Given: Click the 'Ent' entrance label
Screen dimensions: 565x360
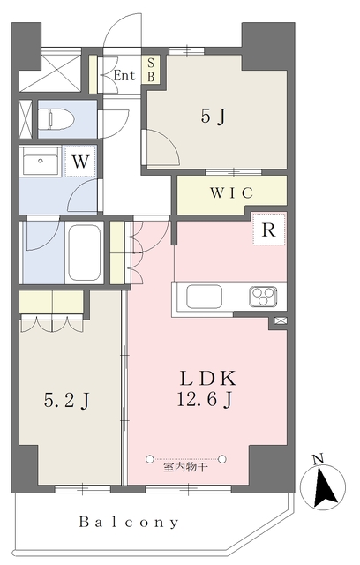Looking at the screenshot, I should coord(124,76).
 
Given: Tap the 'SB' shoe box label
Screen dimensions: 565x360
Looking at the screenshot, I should coord(151,70).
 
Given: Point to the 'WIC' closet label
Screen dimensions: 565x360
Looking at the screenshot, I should coord(231,192).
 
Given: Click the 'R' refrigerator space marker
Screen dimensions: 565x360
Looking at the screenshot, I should coord(267,228).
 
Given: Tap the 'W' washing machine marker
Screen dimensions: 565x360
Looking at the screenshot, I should coord(79,162).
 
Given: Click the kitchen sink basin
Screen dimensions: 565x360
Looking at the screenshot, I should coord(199,295).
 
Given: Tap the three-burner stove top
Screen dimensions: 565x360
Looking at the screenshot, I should coord(262,295).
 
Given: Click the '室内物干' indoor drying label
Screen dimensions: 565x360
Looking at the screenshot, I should coord(186,465).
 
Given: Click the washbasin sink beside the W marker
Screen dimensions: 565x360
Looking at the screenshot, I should coord(41,164).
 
